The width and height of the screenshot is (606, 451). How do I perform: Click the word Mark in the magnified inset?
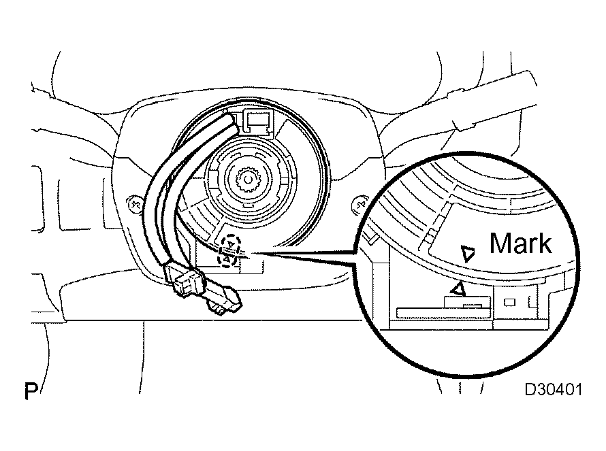coord(521,243)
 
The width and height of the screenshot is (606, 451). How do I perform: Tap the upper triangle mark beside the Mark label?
coord(468,254)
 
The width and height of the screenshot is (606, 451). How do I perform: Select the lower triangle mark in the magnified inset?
coord(460,288)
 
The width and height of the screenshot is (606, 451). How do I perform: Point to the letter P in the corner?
coord(30,392)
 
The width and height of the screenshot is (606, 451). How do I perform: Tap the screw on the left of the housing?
coord(135,202)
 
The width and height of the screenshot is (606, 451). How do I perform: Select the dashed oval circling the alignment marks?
coord(229,251)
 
